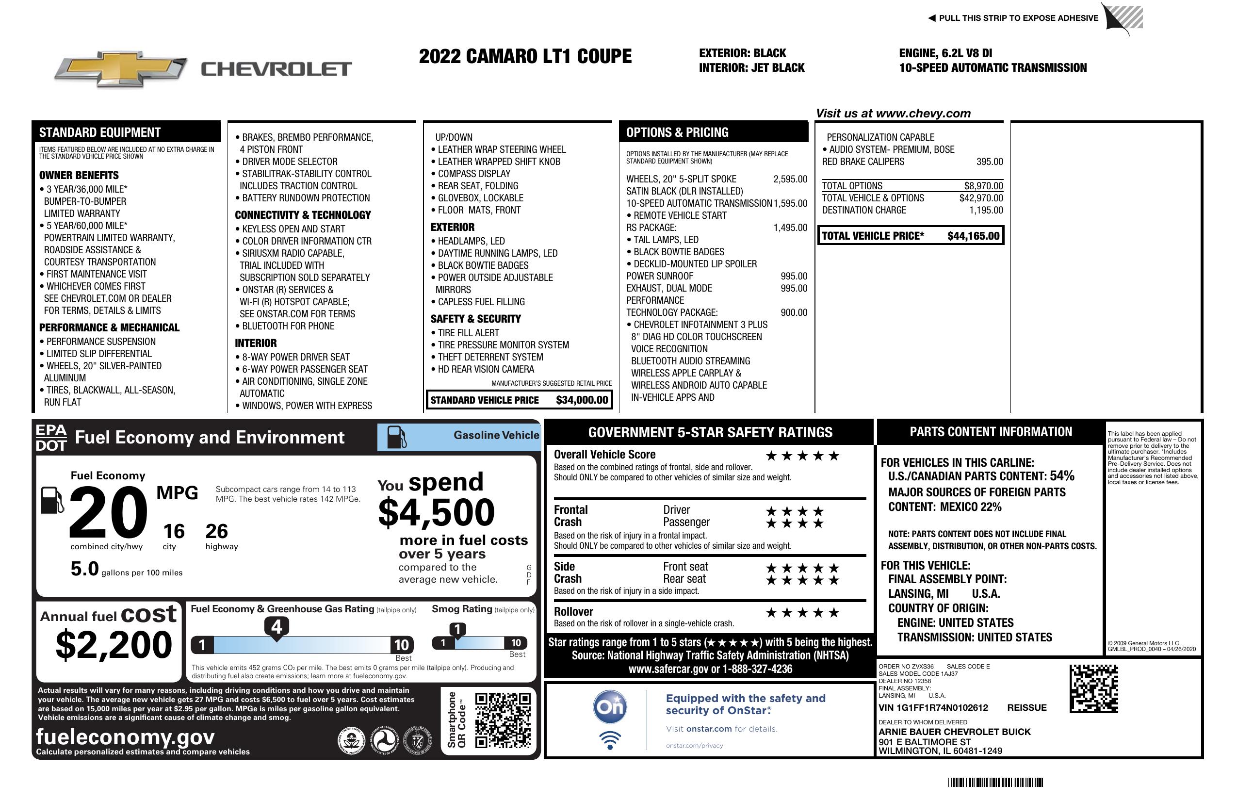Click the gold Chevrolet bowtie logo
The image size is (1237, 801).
(x=120, y=69)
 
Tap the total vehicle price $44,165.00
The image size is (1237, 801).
(x=973, y=236)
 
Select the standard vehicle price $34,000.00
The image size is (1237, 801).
(x=582, y=400)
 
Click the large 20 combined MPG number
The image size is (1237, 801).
(x=108, y=512)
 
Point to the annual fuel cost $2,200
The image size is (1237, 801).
(x=114, y=645)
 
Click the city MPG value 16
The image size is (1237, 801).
(x=174, y=531)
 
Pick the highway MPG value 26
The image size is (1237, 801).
(x=216, y=531)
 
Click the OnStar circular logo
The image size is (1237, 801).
(x=610, y=707)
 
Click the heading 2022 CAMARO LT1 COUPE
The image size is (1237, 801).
(x=525, y=56)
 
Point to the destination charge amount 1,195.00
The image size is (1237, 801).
(x=986, y=210)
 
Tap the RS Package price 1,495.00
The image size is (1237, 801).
(x=790, y=228)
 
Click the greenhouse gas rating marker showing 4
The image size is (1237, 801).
(x=277, y=627)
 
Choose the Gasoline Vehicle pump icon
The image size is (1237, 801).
(x=396, y=437)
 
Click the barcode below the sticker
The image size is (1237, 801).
(x=995, y=782)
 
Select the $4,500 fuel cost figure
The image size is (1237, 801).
(x=436, y=512)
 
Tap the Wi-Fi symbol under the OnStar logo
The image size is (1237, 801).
(x=610, y=740)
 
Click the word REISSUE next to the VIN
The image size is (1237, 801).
(x=1026, y=707)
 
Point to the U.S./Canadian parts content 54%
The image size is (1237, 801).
(x=1061, y=475)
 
